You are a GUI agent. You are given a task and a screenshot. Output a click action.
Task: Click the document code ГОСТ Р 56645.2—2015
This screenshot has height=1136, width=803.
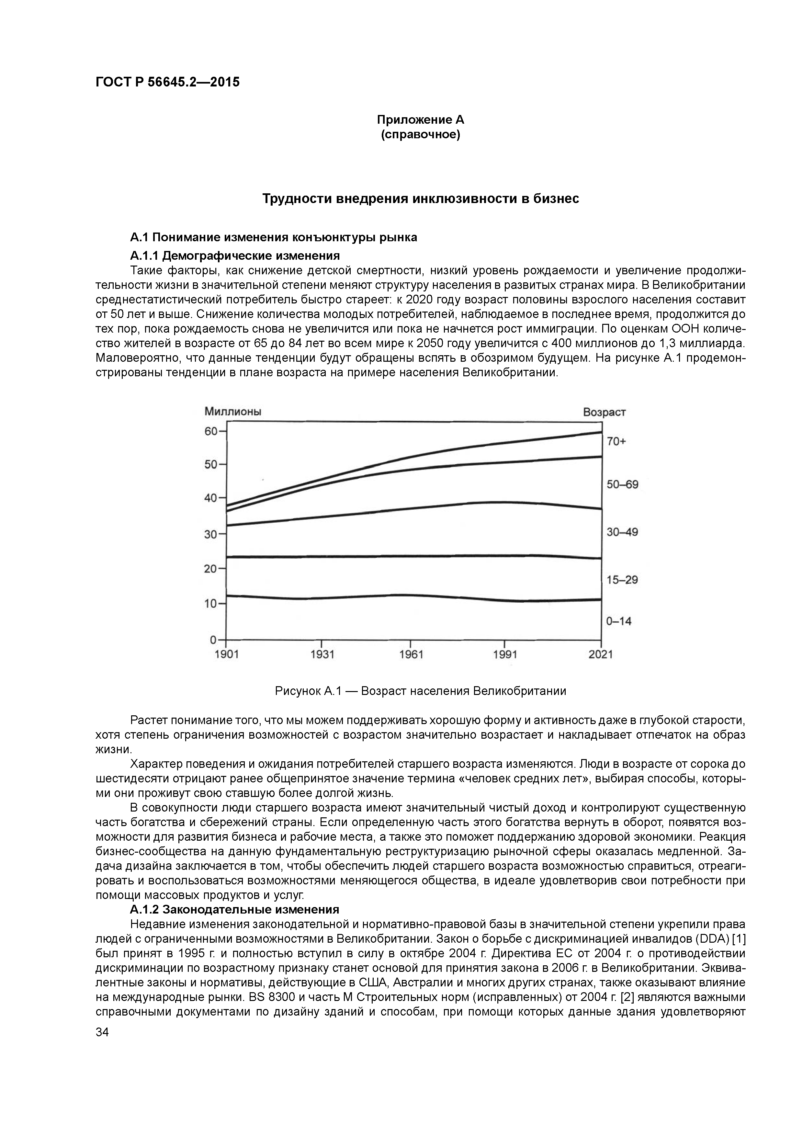pos(167,82)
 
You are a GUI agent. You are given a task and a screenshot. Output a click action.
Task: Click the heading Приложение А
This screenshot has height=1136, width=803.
pos(421,120)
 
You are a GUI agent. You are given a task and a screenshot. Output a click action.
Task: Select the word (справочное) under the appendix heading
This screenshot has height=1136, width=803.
pos(421,135)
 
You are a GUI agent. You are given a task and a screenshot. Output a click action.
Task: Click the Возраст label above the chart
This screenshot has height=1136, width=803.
pos(604,412)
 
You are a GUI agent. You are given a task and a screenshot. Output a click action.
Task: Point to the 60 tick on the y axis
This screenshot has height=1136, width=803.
pos(211,431)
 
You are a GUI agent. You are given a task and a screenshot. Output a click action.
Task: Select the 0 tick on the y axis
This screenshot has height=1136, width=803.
pos(214,640)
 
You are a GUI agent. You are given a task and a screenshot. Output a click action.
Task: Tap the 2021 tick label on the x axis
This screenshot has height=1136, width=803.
pos(601,654)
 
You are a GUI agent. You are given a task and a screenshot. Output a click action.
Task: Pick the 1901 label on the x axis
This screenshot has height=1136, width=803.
pos(227,654)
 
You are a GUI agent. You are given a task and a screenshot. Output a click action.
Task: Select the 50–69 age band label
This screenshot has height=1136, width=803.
pos(622,484)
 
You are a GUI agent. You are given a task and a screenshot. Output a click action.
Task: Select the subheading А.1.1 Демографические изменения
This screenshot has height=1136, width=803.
pos(234,256)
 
